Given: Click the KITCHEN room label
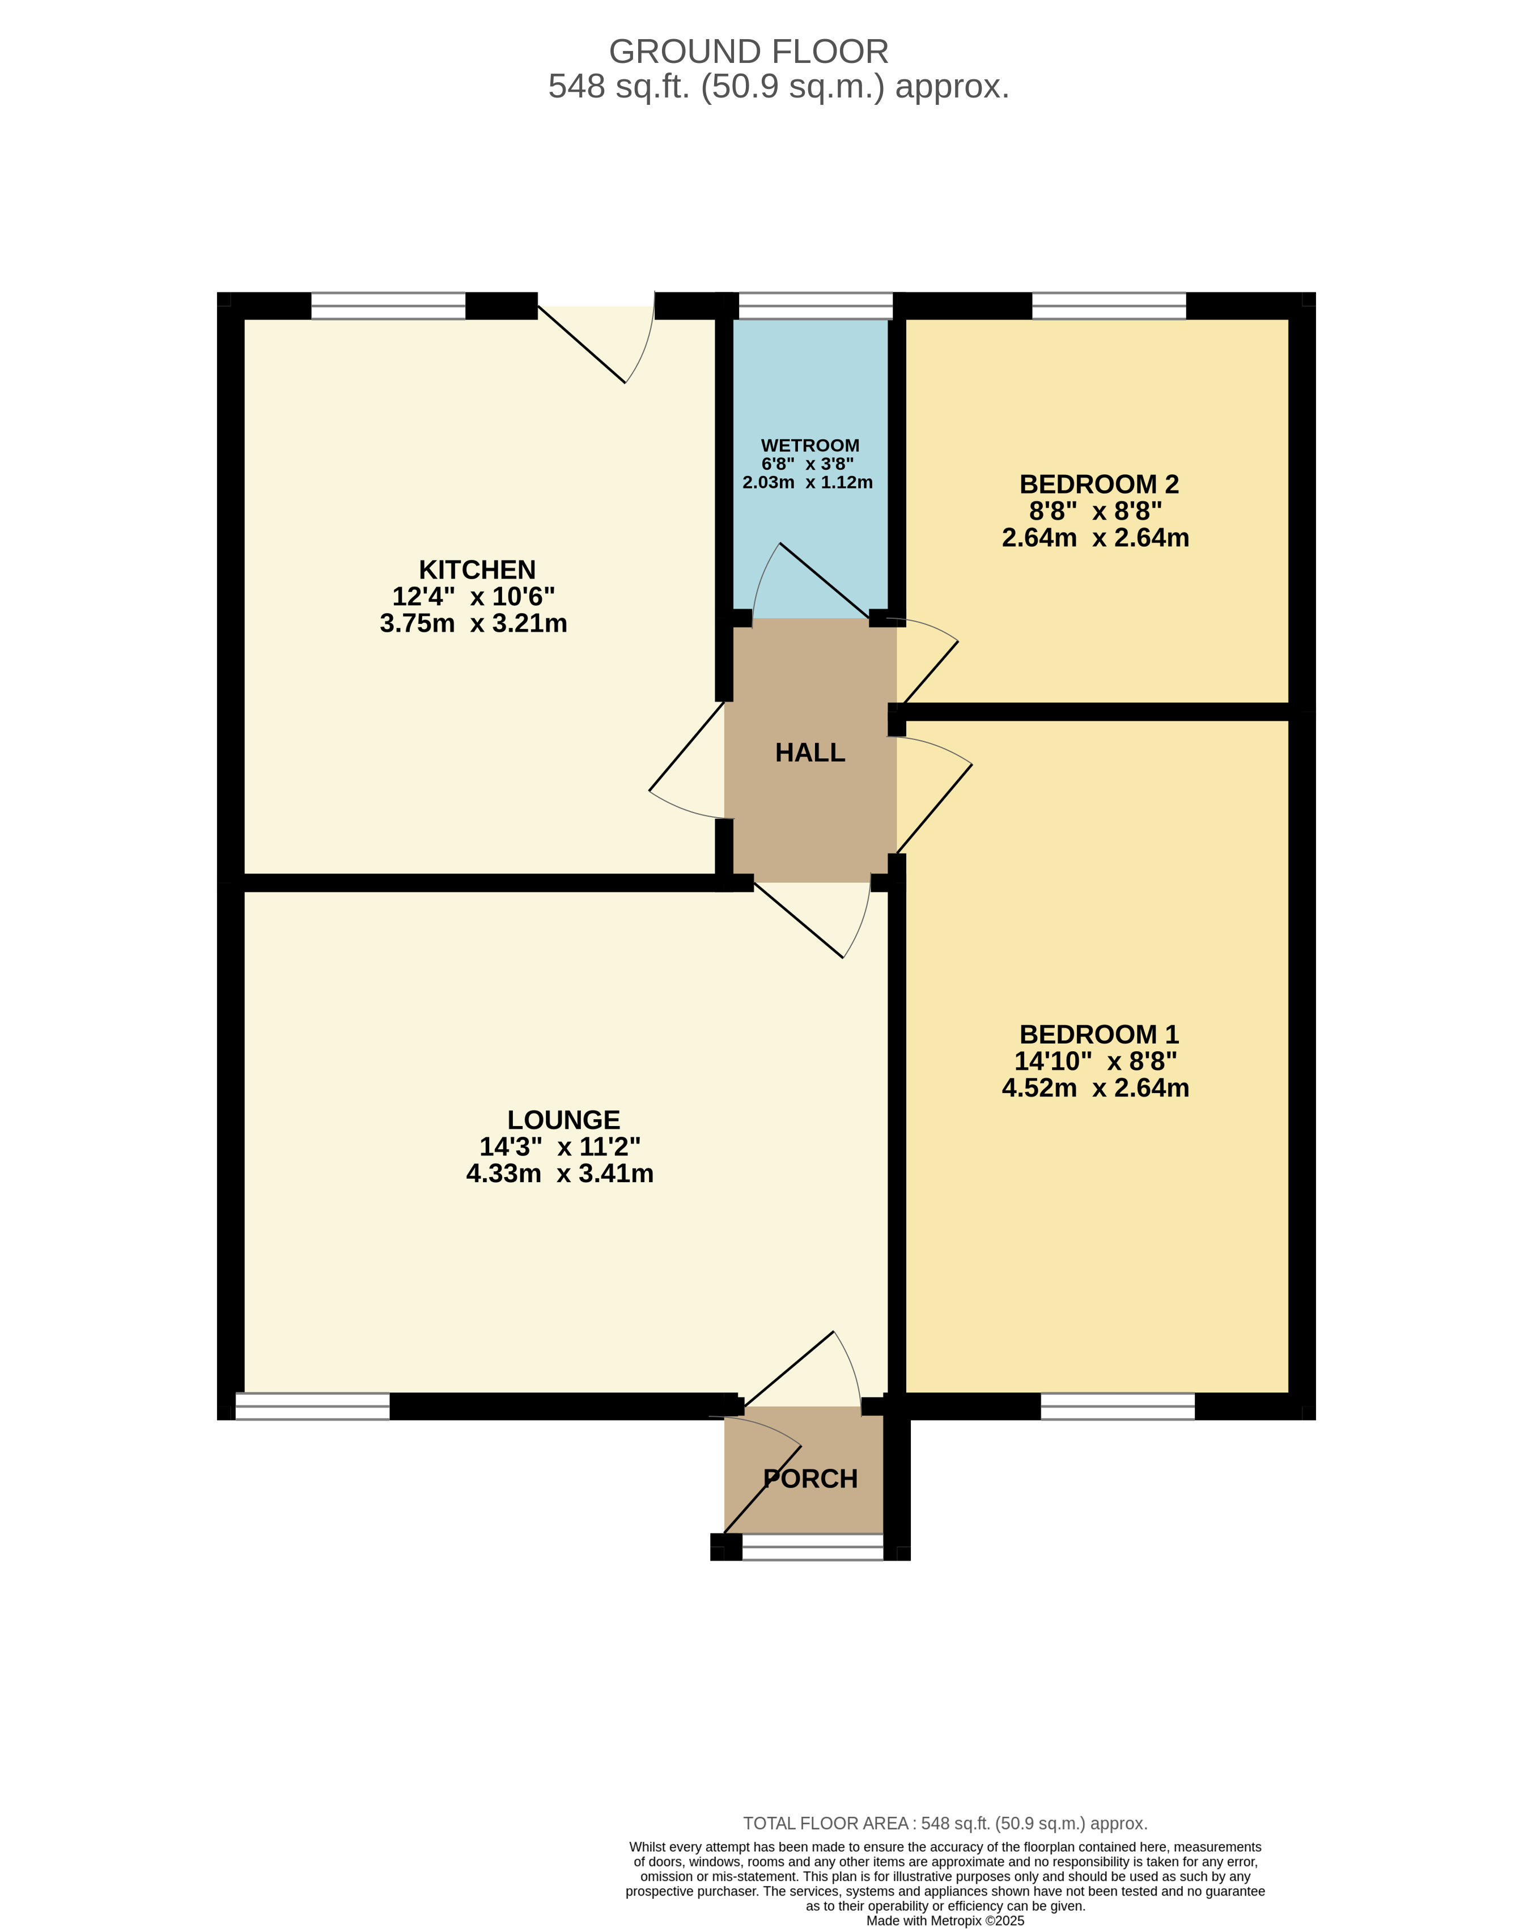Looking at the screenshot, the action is coord(477,570).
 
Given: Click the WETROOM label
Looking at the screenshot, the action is coord(810,445).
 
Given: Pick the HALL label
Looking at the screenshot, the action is coord(810,753).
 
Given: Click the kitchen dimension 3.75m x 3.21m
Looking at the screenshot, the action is coord(473,623).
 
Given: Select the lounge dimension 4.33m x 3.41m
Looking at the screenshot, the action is coord(559,1174).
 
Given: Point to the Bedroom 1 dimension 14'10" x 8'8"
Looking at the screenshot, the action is coord(1096,1061).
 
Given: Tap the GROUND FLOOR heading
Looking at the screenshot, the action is coord(748,52).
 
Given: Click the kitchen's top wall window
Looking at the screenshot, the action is coord(388,306).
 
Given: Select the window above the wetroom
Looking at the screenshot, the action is coord(815,306).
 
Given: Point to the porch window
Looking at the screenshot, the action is coord(813,1547).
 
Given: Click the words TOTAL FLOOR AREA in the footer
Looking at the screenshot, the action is coord(825,1824).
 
